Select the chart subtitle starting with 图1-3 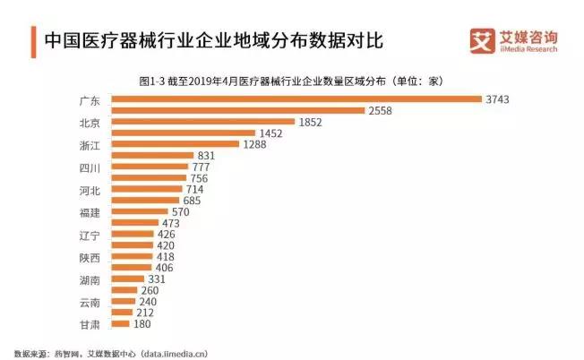tap(292, 81)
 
